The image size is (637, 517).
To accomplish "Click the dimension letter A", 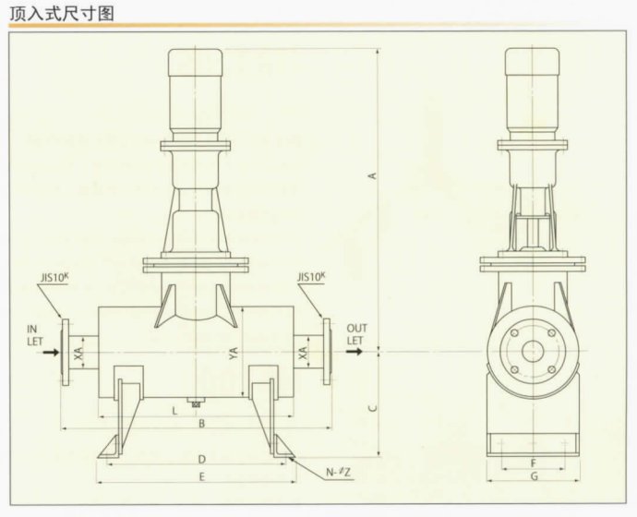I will click(373, 174).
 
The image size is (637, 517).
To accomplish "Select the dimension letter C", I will click(372, 403).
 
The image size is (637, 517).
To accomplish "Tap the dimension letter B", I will click(201, 424).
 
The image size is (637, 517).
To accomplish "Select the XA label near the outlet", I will click(306, 352).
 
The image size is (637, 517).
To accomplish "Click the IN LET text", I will click(35, 333).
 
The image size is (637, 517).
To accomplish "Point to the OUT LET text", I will click(356, 333).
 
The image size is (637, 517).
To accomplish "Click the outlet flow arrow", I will click(355, 352).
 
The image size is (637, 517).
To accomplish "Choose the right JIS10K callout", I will click(314, 276).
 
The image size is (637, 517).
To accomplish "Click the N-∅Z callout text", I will click(338, 473).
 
